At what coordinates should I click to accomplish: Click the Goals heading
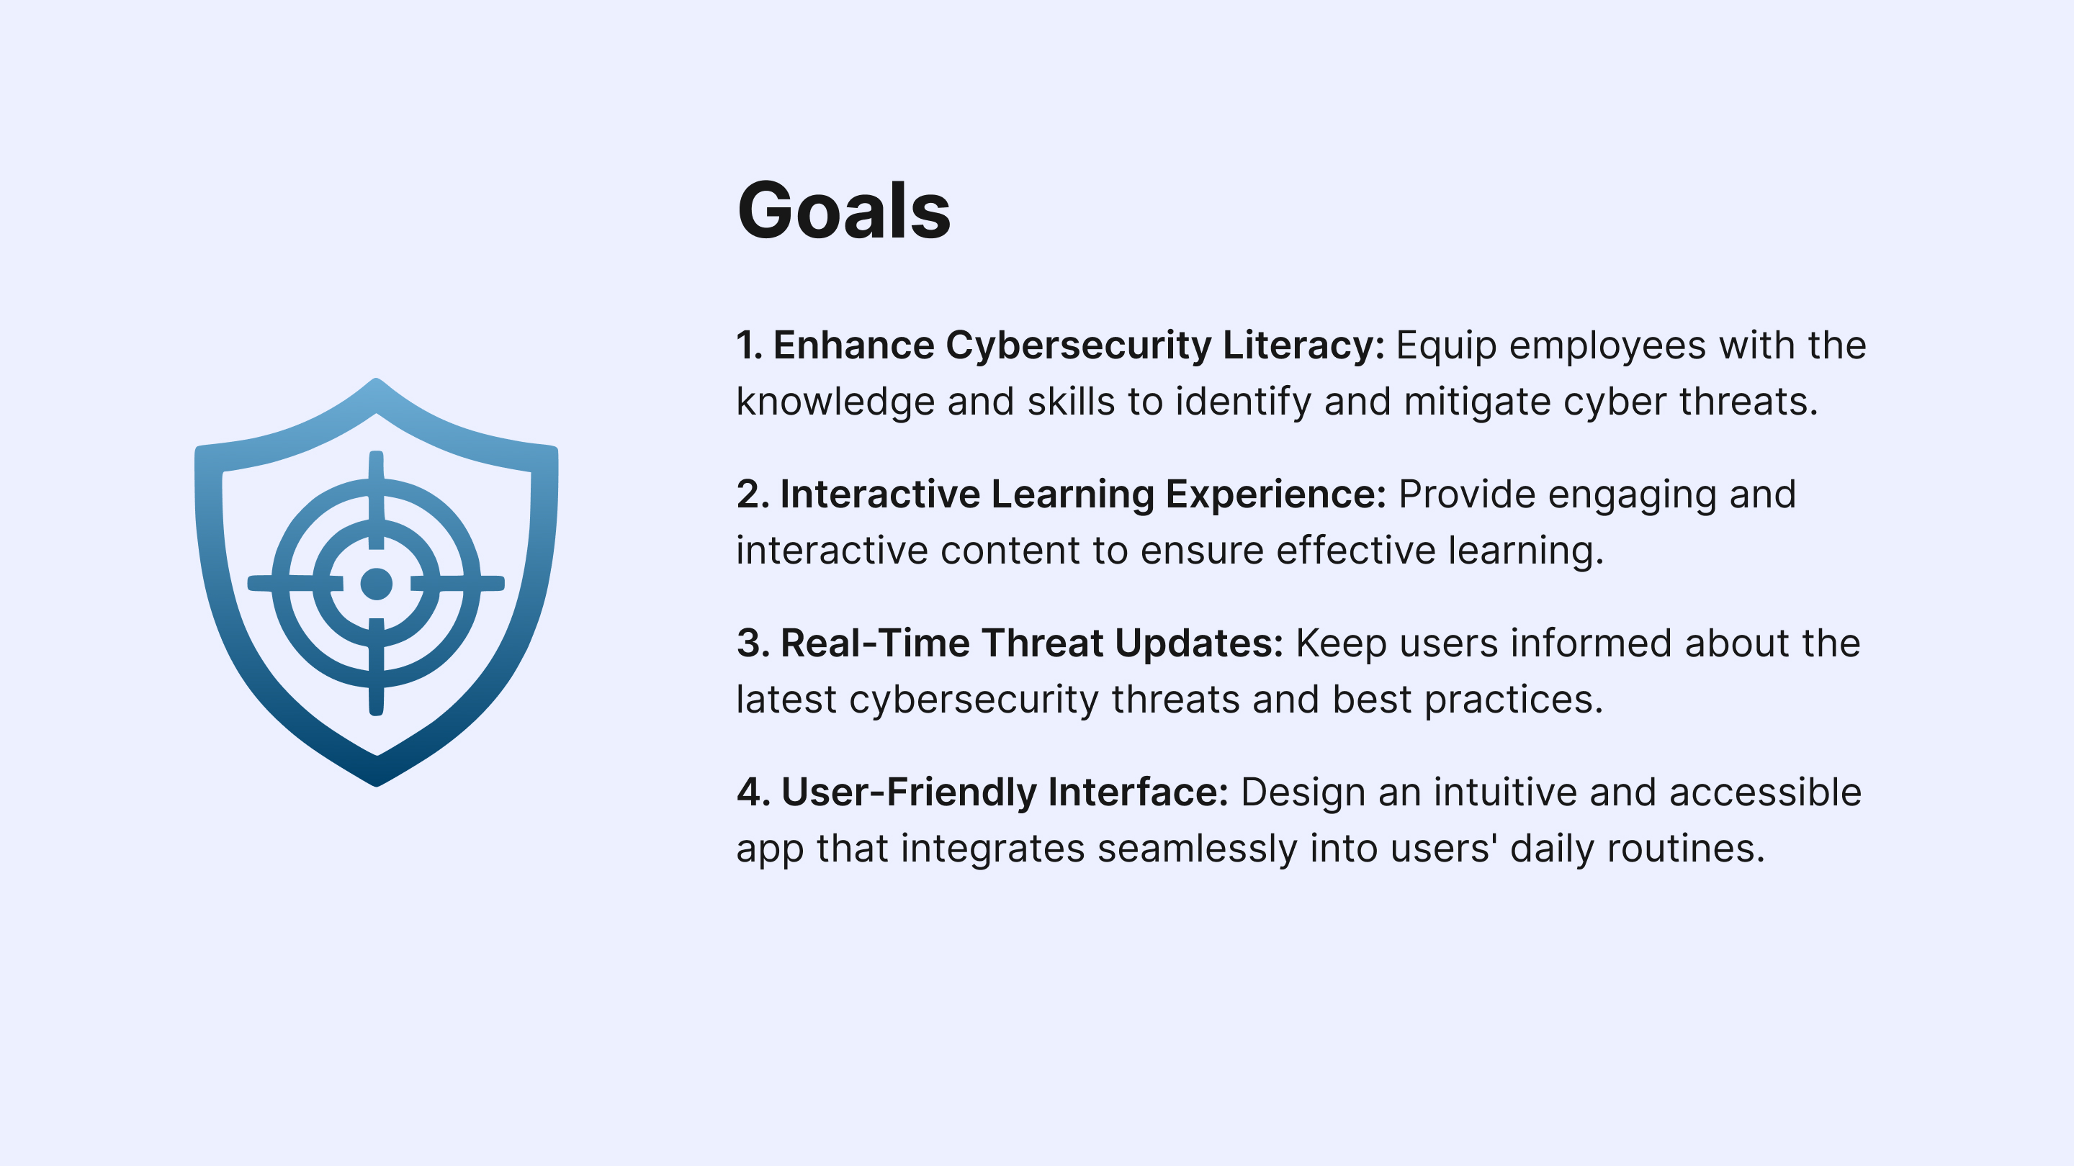[844, 211]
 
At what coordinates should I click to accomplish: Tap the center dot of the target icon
[376, 584]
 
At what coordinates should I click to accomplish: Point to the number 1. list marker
[750, 345]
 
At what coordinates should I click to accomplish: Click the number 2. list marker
[753, 494]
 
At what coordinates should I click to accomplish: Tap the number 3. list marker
[753, 643]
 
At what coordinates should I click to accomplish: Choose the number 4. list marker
[753, 792]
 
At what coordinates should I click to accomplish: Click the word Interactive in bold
[880, 494]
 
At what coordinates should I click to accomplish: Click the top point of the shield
[376, 378]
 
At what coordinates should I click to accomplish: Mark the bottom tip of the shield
[376, 786]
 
